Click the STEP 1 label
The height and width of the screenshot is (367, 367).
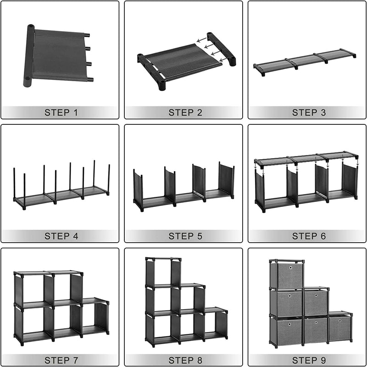(x=61, y=112)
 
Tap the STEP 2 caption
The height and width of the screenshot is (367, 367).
(x=185, y=112)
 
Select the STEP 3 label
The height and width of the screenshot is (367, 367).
(x=309, y=112)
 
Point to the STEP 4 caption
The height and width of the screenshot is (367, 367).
(x=61, y=236)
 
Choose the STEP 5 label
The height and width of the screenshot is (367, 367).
(x=185, y=236)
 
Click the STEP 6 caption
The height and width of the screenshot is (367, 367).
(x=309, y=236)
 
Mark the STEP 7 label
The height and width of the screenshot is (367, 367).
(x=61, y=360)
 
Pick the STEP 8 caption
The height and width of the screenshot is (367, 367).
(x=185, y=360)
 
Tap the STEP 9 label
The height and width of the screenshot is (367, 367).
(x=309, y=360)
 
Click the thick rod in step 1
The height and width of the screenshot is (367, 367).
(x=29, y=56)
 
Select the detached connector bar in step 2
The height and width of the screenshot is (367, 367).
(x=221, y=49)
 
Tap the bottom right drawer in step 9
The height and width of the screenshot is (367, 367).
(x=339, y=328)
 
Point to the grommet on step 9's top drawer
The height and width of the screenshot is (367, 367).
(x=291, y=267)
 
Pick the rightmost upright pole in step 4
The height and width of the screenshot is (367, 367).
(x=109, y=179)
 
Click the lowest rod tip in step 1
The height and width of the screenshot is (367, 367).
(x=90, y=79)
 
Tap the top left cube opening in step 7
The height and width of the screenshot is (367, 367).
(x=33, y=289)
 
